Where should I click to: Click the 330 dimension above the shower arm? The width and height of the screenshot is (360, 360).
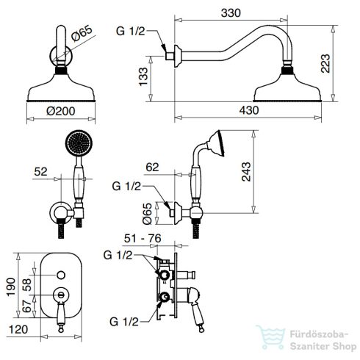231,13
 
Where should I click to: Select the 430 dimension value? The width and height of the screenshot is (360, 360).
249,110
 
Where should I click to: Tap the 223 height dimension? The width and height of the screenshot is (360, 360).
325,63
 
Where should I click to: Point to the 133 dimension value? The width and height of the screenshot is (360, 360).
143,76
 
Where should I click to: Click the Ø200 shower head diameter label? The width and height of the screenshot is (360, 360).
61,112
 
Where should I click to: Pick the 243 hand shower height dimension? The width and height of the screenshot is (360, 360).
246,171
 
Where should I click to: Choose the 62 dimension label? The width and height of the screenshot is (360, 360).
152,168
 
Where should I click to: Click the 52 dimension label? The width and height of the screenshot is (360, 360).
40,171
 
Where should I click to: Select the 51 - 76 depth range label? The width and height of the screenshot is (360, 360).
143,238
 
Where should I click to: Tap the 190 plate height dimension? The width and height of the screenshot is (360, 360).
11,287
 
